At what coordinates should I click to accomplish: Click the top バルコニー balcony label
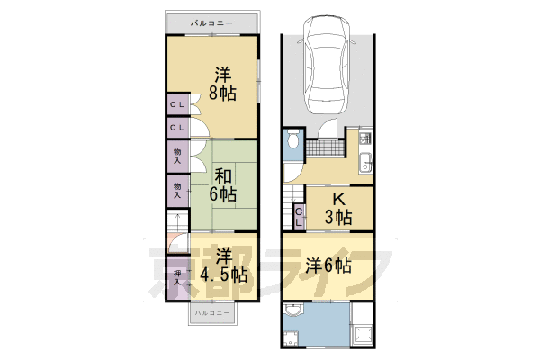(x=212, y=22)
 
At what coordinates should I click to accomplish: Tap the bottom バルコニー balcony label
(x=213, y=311)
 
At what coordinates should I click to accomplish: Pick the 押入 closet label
(x=176, y=276)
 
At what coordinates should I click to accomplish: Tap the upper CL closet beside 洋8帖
(x=176, y=106)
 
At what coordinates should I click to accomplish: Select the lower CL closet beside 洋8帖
(x=176, y=129)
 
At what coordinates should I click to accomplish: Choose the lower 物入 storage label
(x=176, y=189)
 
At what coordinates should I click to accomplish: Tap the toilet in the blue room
(x=292, y=142)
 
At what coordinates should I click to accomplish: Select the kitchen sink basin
(x=365, y=162)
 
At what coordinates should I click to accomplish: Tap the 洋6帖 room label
(x=327, y=265)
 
